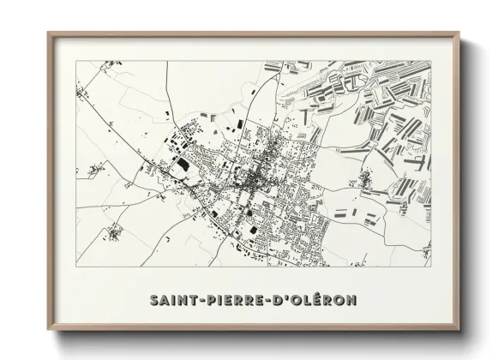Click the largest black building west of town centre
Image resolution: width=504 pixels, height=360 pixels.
[x=182, y=163]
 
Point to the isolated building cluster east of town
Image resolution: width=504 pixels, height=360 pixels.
[x=365, y=179]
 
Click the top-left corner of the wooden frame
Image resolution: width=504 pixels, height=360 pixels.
[x=49, y=33]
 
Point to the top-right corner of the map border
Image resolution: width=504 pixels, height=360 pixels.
[x=431, y=61]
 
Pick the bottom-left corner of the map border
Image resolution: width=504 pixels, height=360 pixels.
[x=76, y=267]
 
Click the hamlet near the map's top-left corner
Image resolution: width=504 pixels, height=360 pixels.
[x=84, y=88]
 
